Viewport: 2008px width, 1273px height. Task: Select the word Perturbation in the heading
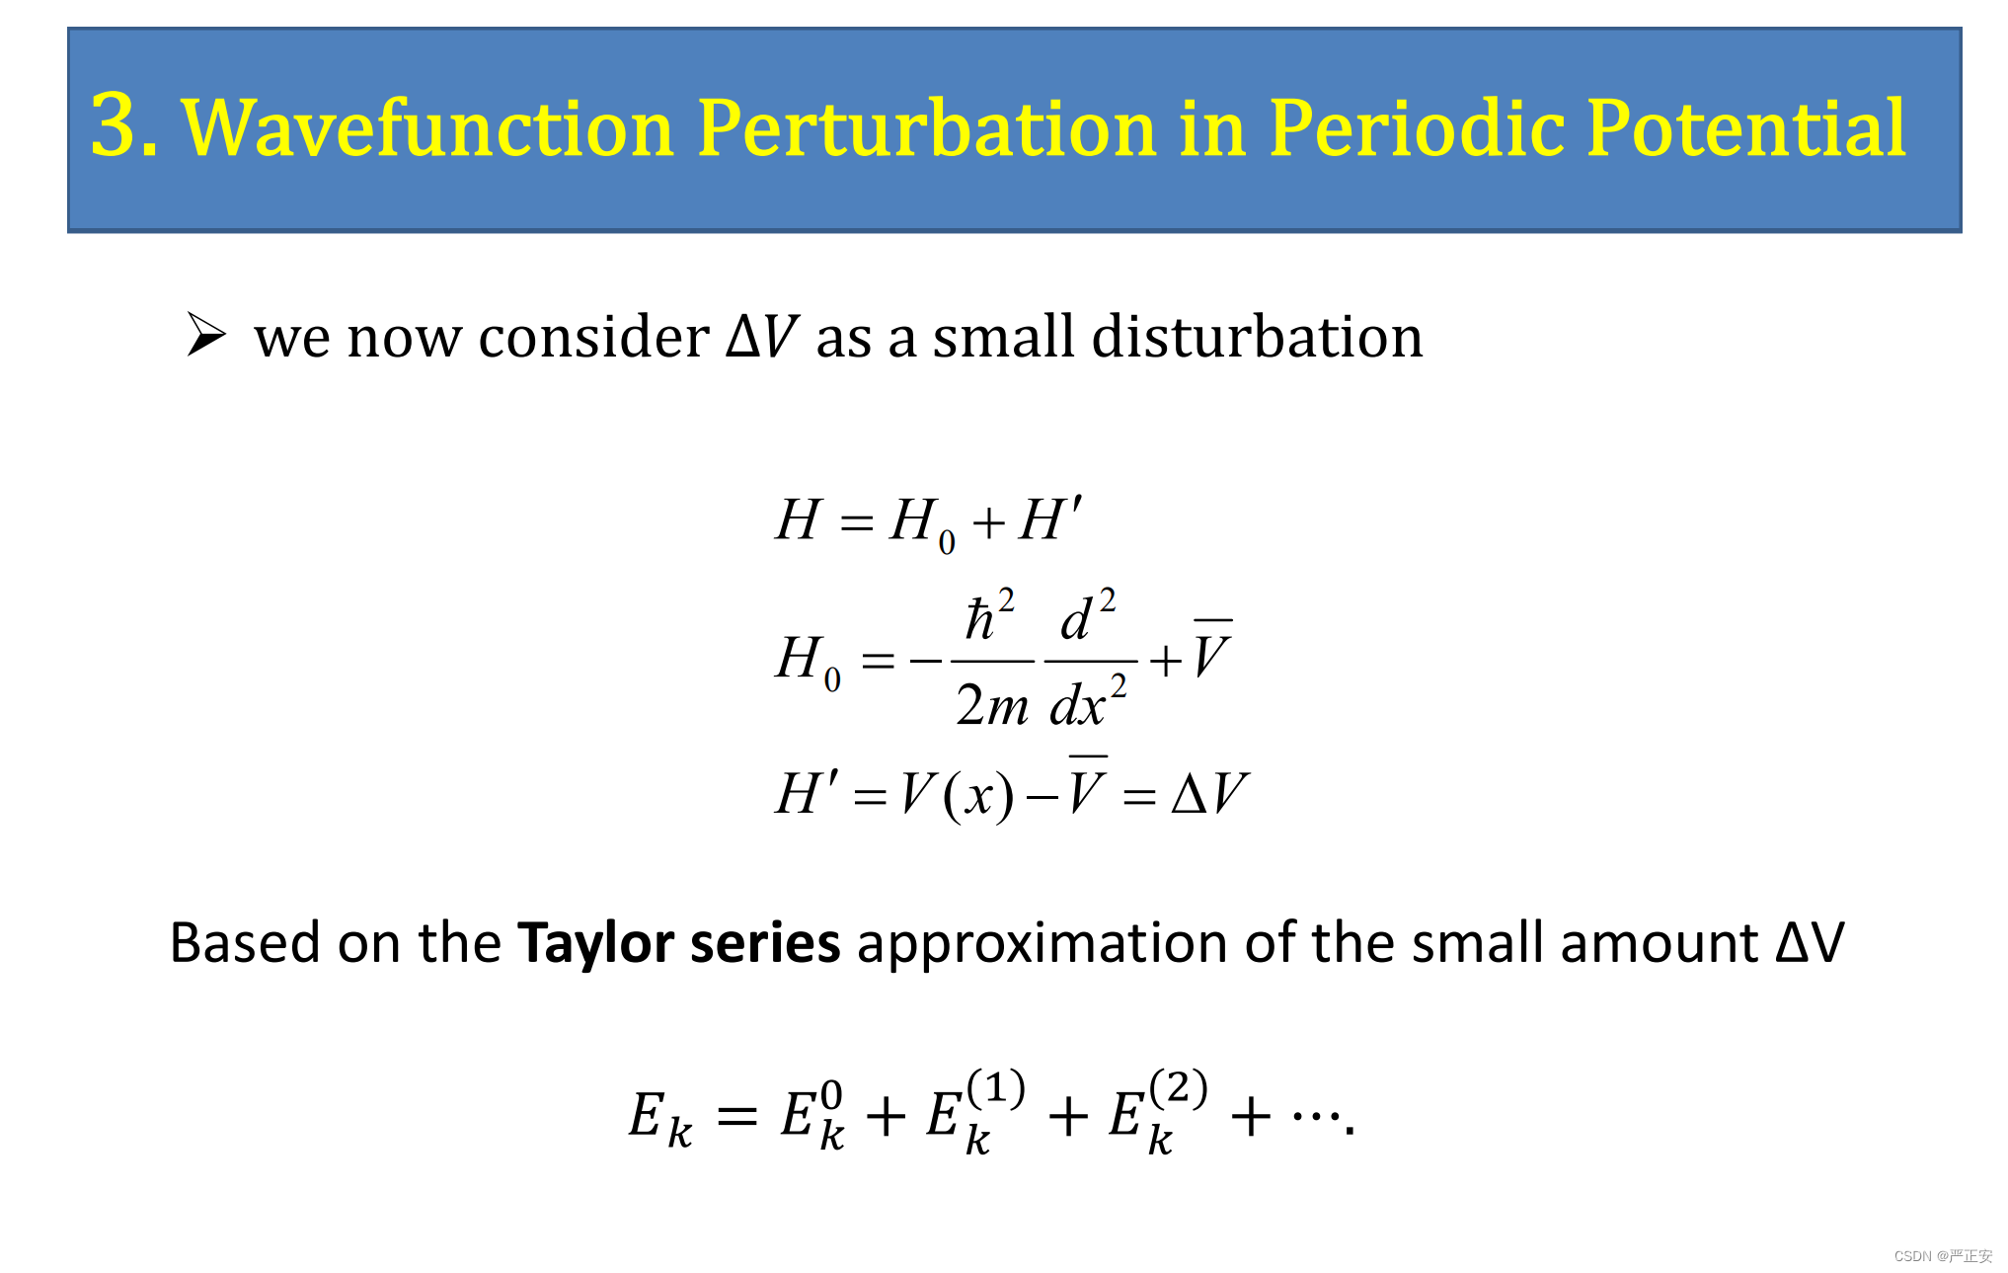[x=926, y=125]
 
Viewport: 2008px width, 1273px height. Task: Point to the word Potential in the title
[x=1745, y=125]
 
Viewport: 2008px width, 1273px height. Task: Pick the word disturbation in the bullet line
[x=1178, y=336]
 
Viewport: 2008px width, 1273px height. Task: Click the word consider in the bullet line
[x=593, y=337]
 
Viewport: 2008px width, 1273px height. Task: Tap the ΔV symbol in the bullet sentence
[x=761, y=336]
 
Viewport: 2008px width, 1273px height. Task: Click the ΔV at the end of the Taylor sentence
[x=1809, y=942]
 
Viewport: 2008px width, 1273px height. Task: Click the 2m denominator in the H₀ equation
[x=992, y=704]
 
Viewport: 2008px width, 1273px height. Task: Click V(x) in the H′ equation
[x=957, y=794]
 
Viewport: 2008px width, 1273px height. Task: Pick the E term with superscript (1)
[x=975, y=1112]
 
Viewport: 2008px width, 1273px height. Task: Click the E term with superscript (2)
[x=1158, y=1112]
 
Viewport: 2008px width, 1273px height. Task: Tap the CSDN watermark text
[x=1943, y=1255]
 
